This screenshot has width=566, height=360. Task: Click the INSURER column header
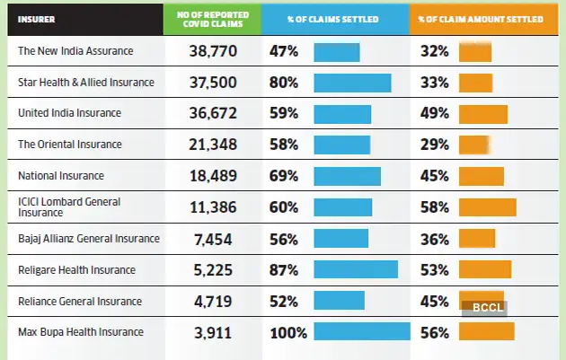37,18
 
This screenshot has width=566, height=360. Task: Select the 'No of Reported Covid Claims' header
212,18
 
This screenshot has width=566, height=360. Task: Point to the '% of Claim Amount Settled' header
483,18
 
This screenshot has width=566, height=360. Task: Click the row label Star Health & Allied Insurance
86,83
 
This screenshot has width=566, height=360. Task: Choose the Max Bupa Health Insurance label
81,332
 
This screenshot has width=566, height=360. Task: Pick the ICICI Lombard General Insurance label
69,207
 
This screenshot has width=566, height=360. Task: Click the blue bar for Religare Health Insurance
355,269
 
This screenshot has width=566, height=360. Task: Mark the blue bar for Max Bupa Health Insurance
361,332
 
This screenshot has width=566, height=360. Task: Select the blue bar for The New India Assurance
336,51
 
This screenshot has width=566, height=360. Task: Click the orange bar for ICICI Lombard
487,207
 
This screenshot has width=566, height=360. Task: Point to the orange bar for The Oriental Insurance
473,145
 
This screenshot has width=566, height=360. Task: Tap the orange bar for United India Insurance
482,114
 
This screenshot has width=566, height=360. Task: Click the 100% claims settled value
288,333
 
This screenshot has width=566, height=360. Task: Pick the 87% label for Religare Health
284,269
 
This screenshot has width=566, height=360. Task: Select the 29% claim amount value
434,145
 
